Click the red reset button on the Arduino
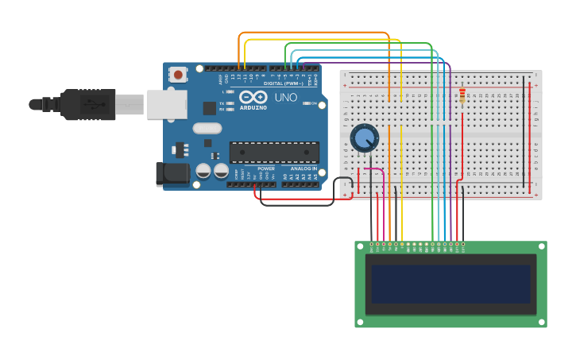178,75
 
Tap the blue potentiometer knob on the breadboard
364,138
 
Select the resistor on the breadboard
462,95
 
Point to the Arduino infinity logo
253,97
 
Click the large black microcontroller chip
274,151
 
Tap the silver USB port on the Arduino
166,104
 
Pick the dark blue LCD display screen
450,284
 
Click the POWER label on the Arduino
266,168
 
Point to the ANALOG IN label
303,168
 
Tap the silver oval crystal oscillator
207,128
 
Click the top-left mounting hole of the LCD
358,246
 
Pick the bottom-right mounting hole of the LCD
543,323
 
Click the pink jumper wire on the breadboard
374,169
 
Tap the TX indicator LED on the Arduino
230,103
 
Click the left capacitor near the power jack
203,171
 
